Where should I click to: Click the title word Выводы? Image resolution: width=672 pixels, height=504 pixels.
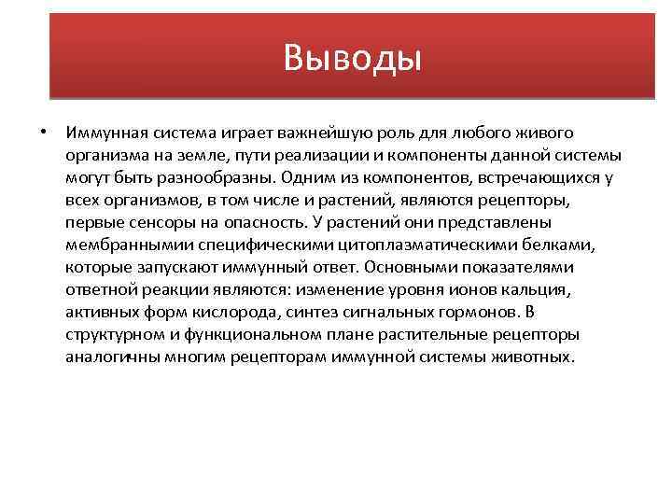[x=354, y=59]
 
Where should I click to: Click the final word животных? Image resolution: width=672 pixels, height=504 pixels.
[x=532, y=357]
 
